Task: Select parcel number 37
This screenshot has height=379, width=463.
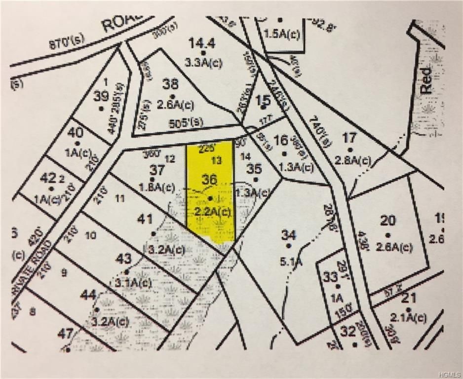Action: click(x=157, y=170)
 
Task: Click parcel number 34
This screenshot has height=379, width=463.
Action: click(x=288, y=235)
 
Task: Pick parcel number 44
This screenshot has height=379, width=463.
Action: click(x=88, y=295)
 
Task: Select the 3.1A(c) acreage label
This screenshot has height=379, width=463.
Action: click(x=133, y=282)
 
